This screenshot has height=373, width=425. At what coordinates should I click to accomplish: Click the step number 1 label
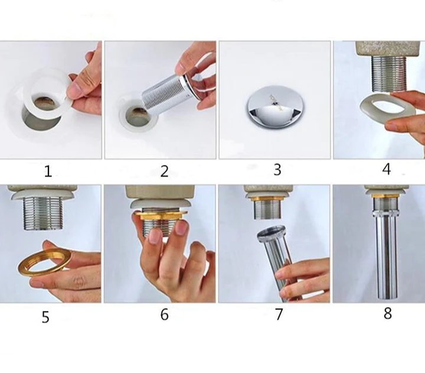(48, 171)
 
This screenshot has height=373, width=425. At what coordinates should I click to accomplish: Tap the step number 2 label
(164, 171)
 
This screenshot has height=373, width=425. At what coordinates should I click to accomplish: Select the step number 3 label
(277, 170)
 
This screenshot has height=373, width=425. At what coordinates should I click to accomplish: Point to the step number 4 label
(387, 169)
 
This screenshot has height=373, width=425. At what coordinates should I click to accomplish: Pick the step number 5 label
(45, 317)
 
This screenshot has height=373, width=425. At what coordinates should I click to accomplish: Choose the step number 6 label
(164, 314)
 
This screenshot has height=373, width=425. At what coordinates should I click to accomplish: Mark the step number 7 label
(279, 314)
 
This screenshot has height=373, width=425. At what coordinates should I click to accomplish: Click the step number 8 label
(388, 313)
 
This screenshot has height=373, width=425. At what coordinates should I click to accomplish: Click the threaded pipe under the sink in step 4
(388, 73)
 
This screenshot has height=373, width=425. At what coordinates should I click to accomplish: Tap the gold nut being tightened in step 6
(161, 216)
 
